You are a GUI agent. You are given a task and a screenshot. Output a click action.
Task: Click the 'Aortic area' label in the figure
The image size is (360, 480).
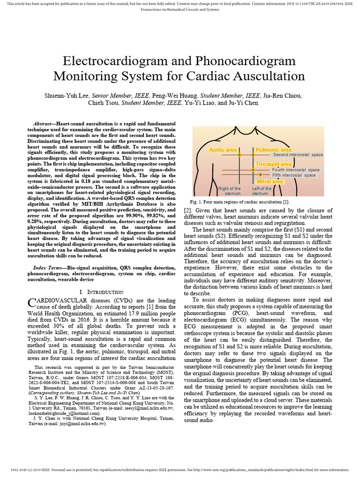click(x=223, y=150)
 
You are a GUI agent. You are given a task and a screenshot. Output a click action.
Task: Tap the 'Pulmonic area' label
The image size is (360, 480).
click(x=273, y=150)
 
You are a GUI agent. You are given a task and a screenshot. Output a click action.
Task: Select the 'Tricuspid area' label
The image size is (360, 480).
click(x=274, y=164)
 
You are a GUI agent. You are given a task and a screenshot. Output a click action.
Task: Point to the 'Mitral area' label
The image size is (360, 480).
click(x=270, y=181)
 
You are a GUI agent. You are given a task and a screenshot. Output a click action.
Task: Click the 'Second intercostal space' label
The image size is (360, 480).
click(x=298, y=155)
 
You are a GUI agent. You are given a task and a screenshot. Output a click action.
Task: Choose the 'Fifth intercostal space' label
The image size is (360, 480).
click(x=294, y=175)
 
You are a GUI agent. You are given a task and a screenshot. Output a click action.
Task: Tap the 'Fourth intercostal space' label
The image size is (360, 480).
click(x=296, y=170)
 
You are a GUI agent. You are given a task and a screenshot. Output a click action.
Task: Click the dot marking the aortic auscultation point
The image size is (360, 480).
click(x=239, y=155)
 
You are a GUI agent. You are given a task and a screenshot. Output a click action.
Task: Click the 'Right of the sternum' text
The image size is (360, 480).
click(x=229, y=191)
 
